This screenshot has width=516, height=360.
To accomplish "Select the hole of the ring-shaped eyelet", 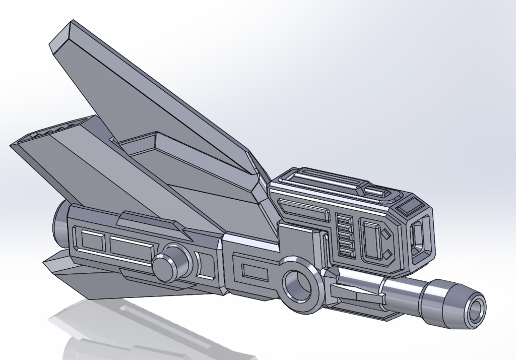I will tap(297, 284).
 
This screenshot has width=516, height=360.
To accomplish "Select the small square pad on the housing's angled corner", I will tap(409, 206).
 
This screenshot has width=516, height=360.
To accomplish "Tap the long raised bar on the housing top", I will tap(322, 181).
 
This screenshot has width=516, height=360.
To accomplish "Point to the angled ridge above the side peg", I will tap(151, 222).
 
